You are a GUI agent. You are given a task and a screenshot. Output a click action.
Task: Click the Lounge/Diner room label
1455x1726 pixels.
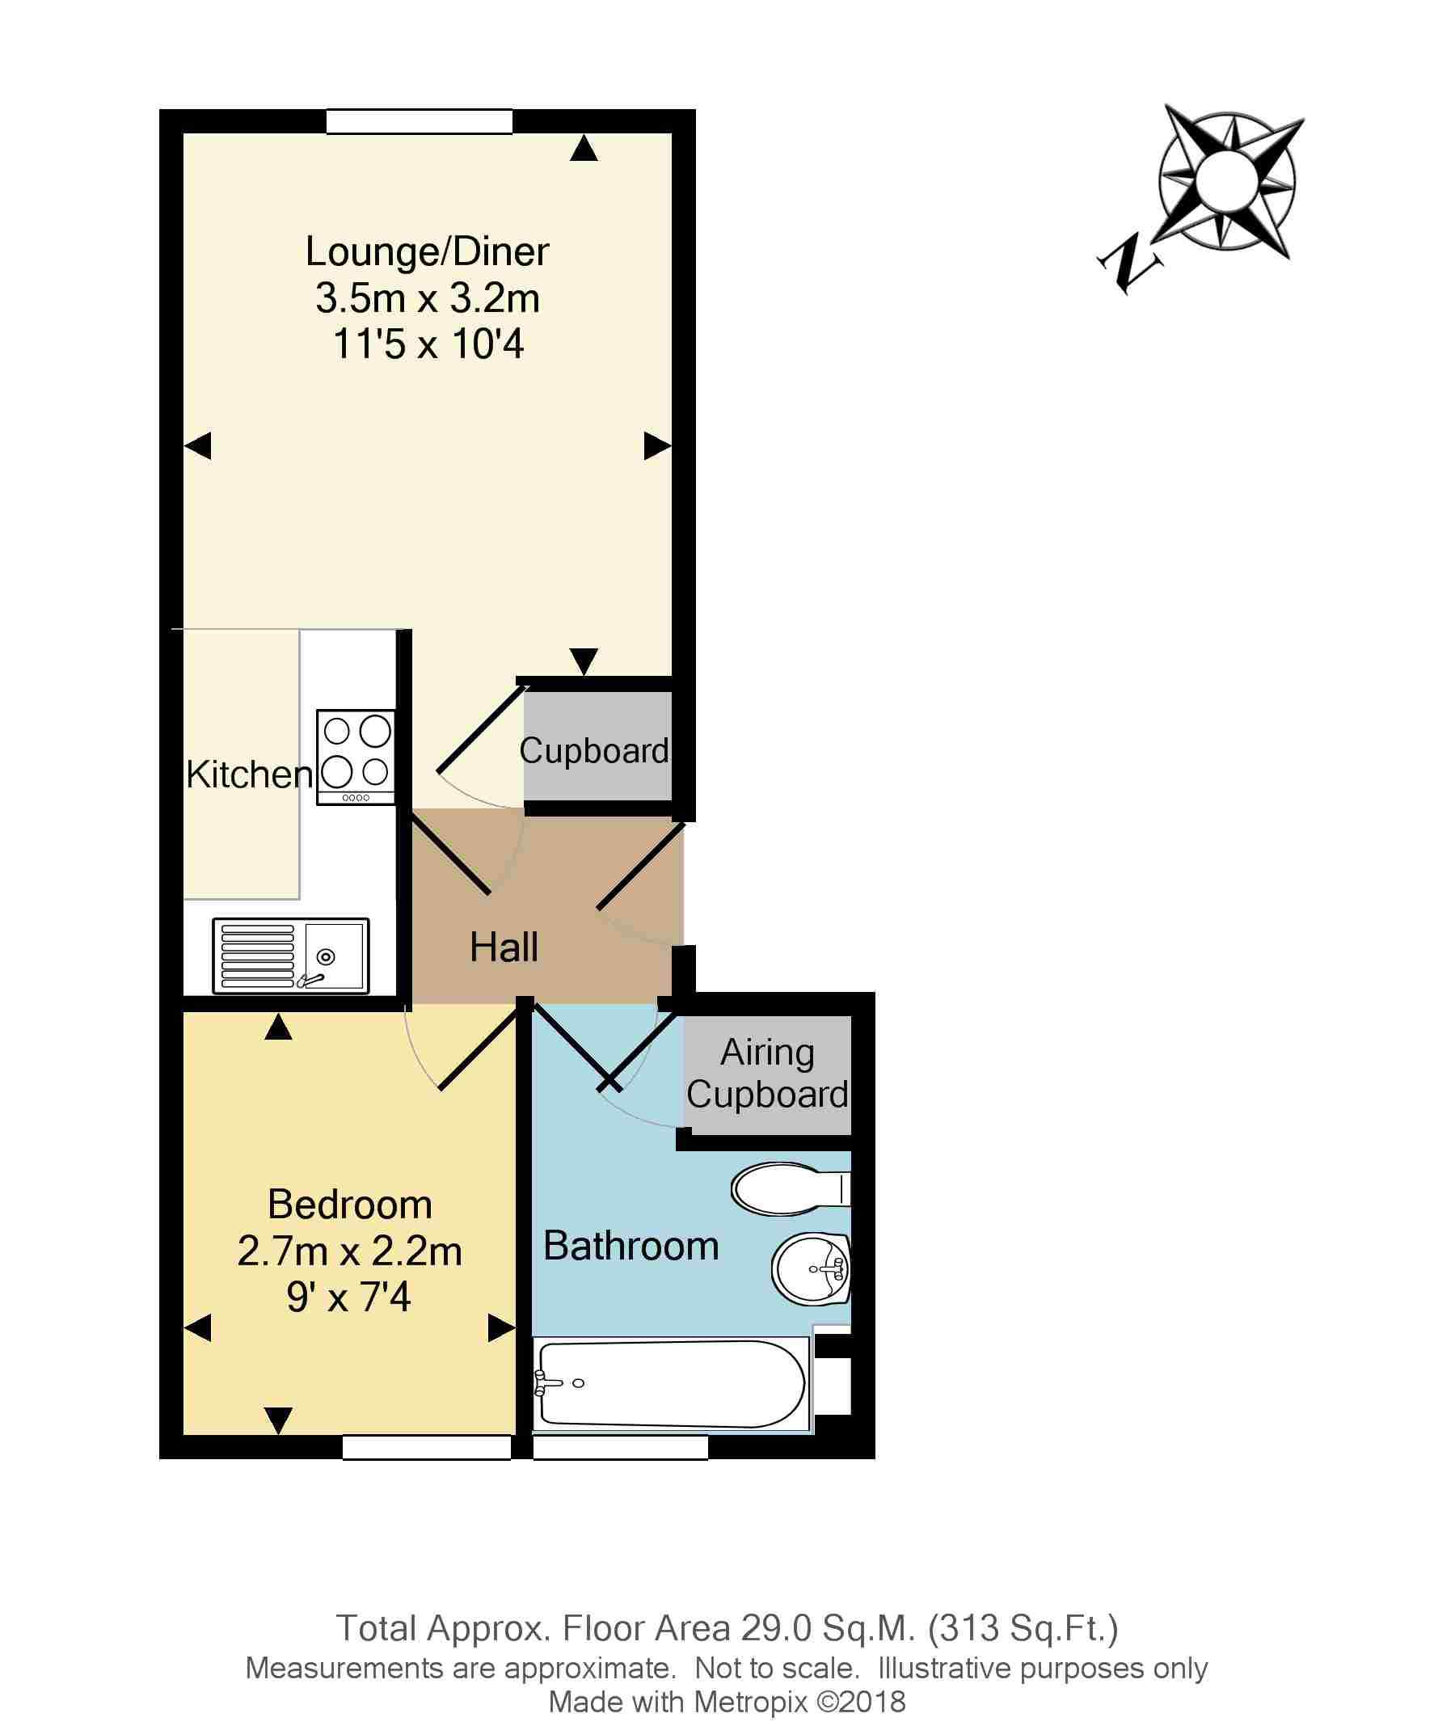point(427,251)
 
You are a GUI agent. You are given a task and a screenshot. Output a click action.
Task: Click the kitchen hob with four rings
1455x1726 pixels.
point(356,757)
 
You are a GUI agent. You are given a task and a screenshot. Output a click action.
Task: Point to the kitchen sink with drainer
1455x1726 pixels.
point(290,956)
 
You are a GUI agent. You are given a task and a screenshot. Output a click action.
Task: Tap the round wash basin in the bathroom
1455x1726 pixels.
point(811,1269)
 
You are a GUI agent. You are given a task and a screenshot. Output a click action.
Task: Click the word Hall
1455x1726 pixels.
point(504,947)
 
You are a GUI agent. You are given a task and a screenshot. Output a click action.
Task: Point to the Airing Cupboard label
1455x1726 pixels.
point(767,1074)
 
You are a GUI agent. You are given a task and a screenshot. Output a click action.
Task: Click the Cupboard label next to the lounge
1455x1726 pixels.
point(594,751)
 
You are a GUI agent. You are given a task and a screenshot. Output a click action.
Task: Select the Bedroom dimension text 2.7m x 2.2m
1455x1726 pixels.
point(350,1251)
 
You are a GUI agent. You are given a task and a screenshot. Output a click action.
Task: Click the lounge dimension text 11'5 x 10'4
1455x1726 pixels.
point(428,345)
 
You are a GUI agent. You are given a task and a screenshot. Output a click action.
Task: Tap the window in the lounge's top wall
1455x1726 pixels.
point(419,121)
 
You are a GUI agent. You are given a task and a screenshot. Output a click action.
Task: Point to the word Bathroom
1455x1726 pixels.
point(631,1246)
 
